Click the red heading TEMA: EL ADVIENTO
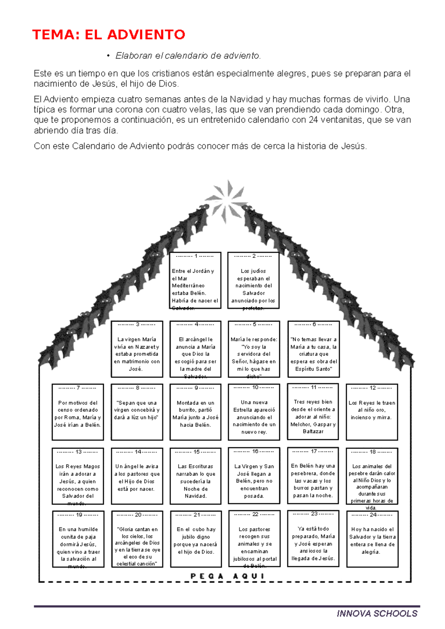point(108,34)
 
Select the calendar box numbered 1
point(195,280)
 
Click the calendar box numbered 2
point(253,280)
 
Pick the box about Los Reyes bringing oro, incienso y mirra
point(372,412)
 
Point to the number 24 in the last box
point(373,515)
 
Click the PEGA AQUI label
point(227,576)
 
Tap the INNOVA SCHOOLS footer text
point(377,613)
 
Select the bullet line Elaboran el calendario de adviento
point(188,56)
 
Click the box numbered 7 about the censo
point(78,412)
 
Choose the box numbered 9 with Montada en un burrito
point(195,412)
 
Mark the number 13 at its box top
point(78,452)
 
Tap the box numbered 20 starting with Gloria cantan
point(137,539)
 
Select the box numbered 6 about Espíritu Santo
point(313,349)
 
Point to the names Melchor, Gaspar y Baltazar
point(313,428)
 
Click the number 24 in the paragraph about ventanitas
point(313,120)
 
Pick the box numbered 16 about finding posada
point(254,476)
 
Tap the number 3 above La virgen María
point(137,324)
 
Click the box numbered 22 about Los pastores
point(254,539)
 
